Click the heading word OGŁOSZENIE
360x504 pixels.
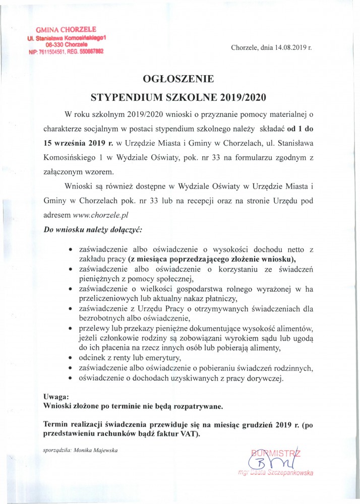click(178, 79)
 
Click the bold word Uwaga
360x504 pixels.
click(55, 397)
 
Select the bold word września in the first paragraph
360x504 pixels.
click(70, 143)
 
